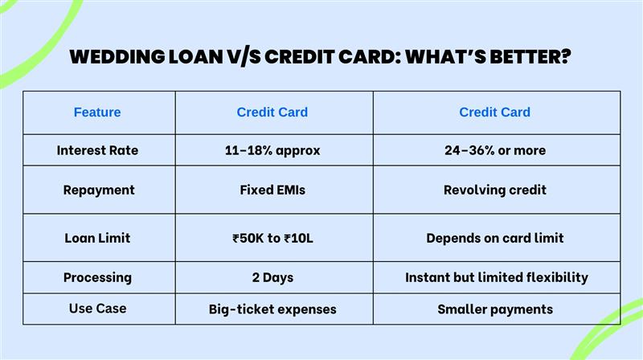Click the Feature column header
[x=97, y=112]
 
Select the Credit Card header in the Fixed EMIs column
[x=272, y=112]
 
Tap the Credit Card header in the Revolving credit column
[x=494, y=112]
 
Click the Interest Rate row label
[x=97, y=150]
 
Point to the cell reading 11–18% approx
[x=272, y=150]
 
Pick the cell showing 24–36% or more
[x=494, y=150]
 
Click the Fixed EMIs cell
[x=272, y=190]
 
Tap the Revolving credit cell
[x=494, y=190]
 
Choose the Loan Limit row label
[x=97, y=238]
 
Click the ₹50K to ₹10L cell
[x=272, y=238]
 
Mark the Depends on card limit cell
[x=494, y=238]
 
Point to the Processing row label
[x=97, y=277]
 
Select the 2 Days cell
[x=272, y=277]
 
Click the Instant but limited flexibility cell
[x=496, y=277]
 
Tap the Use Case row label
[x=97, y=309]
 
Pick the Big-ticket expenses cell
[x=272, y=309]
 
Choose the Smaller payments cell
[x=494, y=309]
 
